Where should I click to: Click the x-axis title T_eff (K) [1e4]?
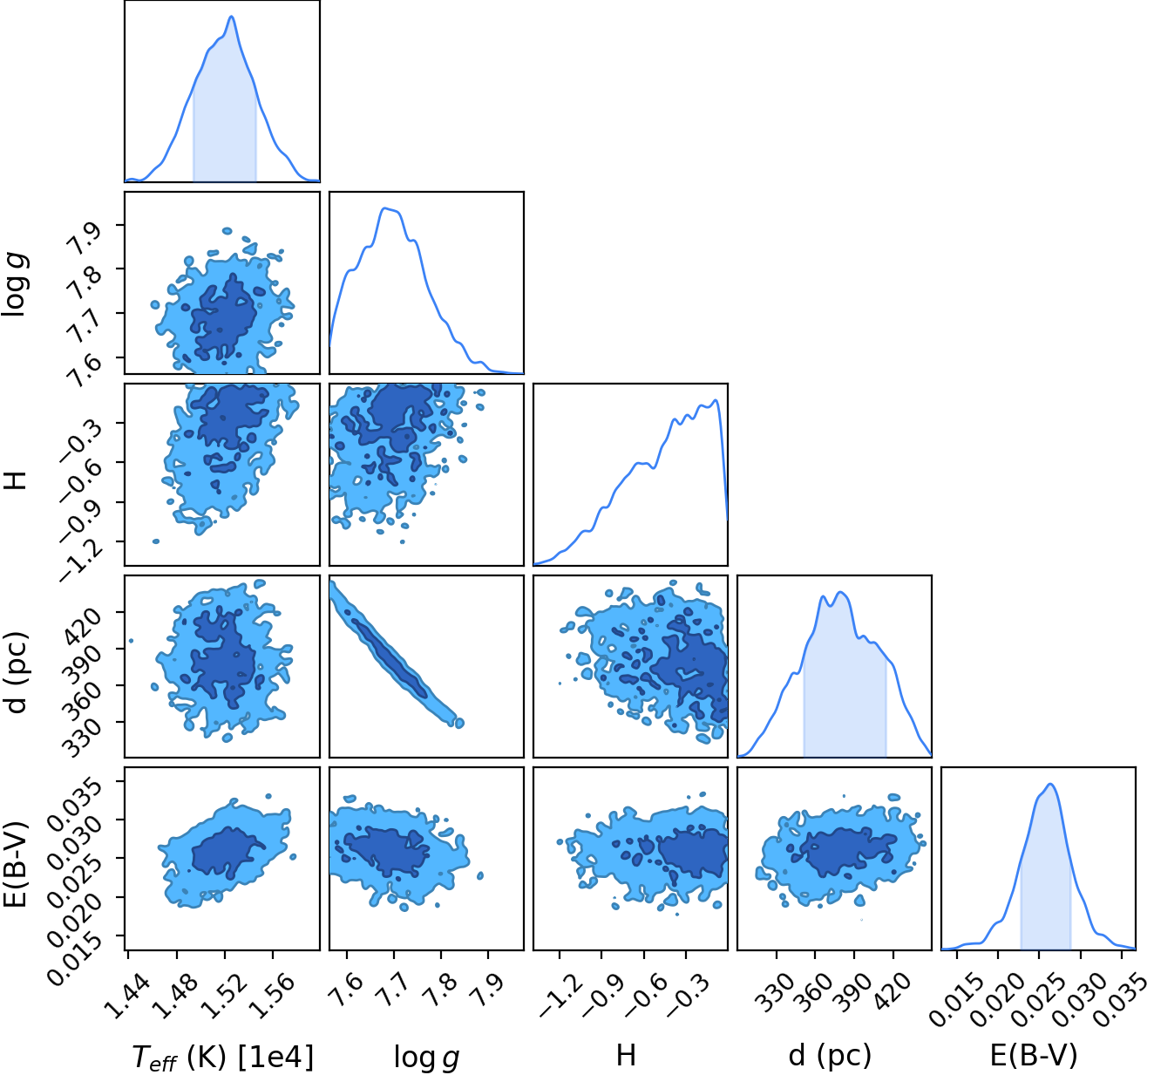222,1056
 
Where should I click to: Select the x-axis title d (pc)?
830,1055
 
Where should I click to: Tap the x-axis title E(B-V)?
1033,1055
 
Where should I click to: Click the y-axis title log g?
16,285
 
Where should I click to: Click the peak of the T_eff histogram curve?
231,17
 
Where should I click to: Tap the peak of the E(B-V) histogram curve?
1050,785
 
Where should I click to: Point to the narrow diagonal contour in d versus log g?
396,654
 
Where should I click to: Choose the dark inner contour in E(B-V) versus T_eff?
227,853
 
